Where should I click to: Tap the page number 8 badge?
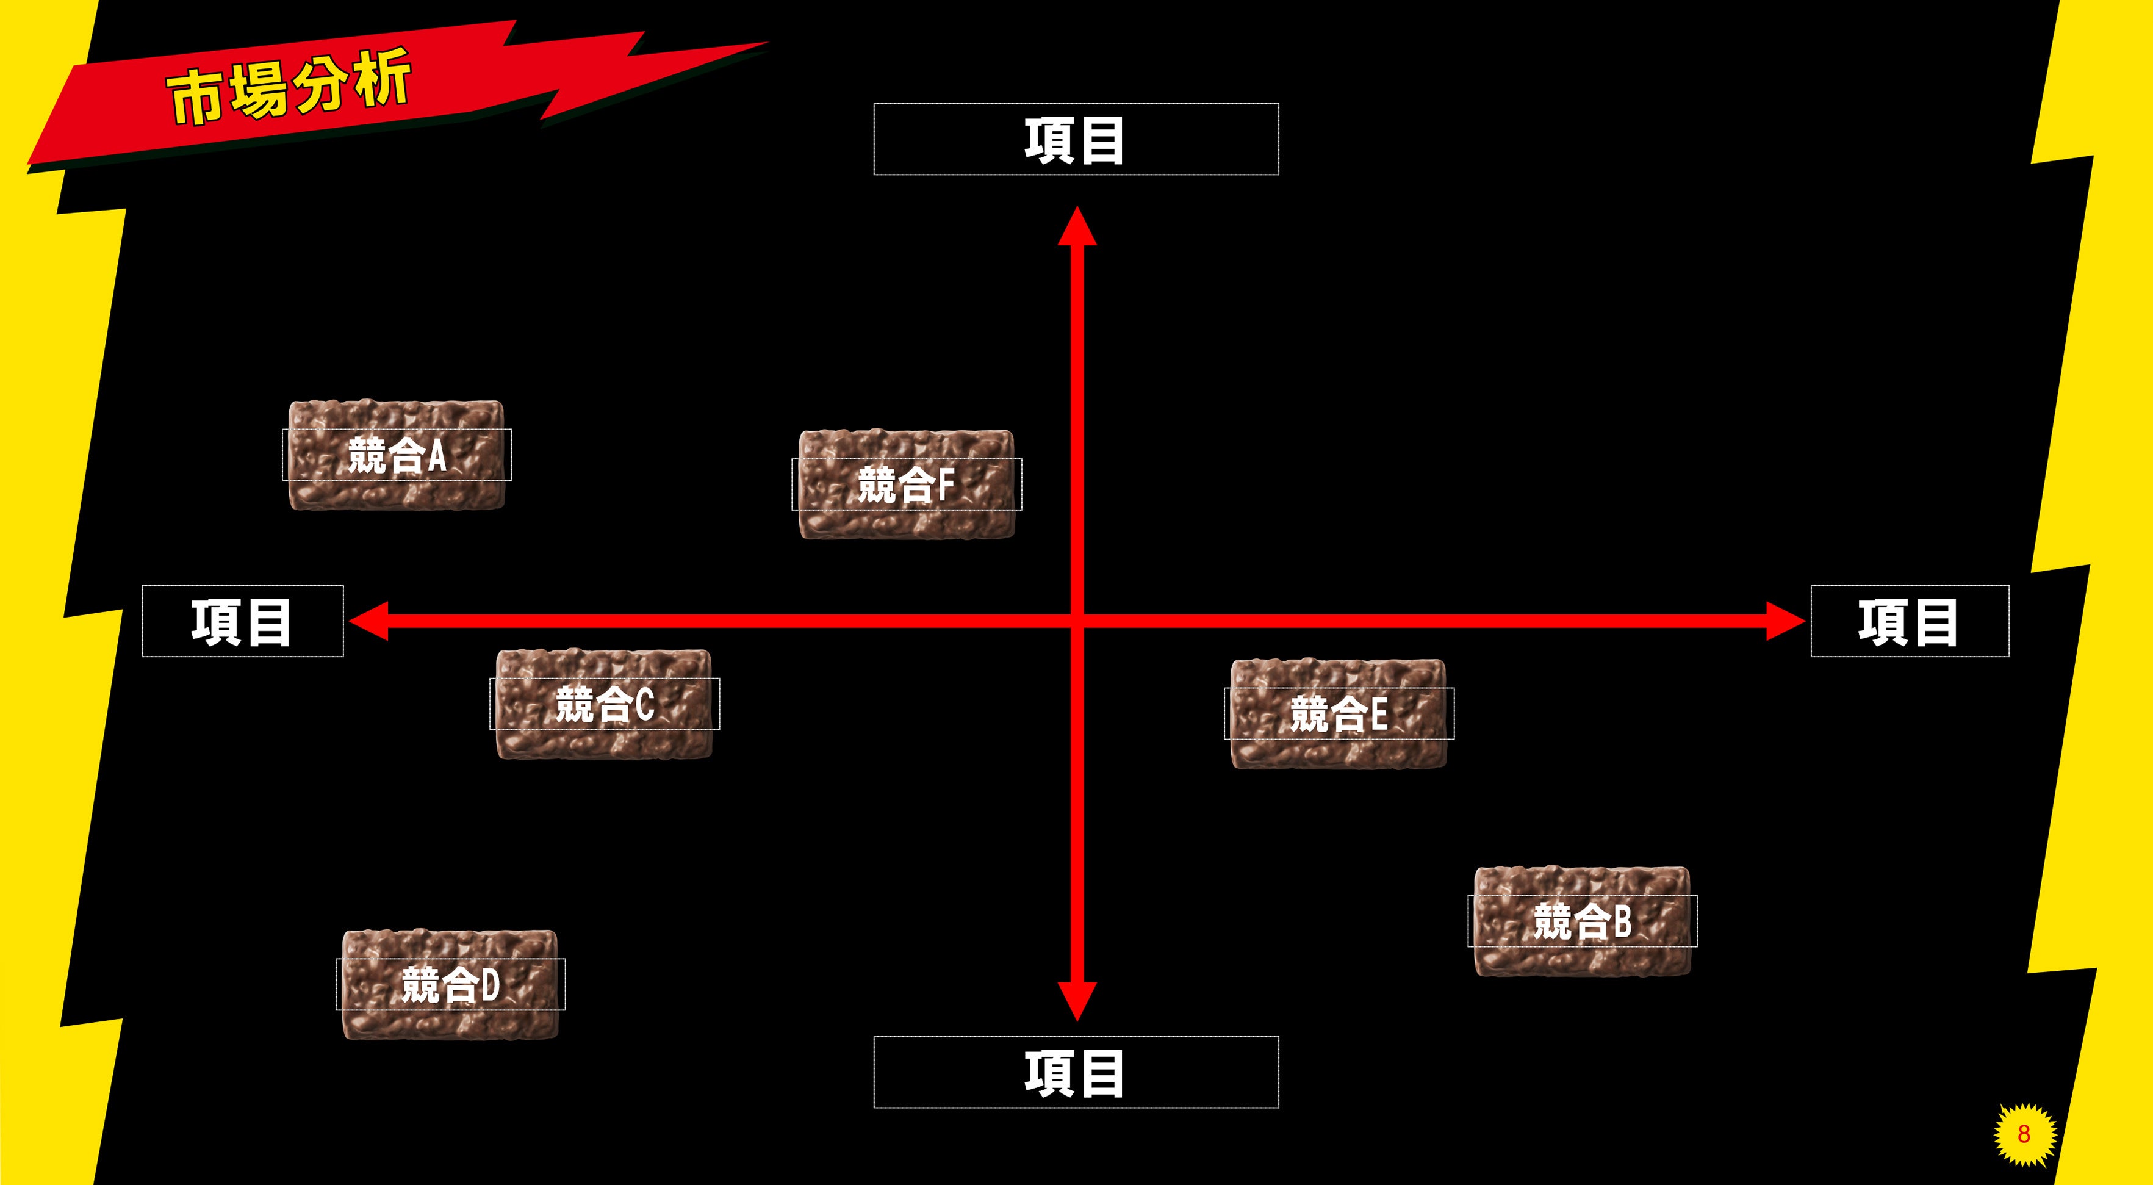pyautogui.click(x=2024, y=1133)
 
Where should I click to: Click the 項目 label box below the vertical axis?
pyautogui.click(x=1076, y=1072)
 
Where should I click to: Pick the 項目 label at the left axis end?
pyautogui.click(x=242, y=621)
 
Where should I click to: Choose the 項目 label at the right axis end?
pyautogui.click(x=1909, y=621)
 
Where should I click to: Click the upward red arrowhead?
pyautogui.click(x=1076, y=226)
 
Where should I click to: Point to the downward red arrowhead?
pyautogui.click(x=1076, y=1001)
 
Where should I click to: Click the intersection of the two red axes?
pyautogui.click(x=1076, y=621)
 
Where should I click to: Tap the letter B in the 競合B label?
pyautogui.click(x=1622, y=921)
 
